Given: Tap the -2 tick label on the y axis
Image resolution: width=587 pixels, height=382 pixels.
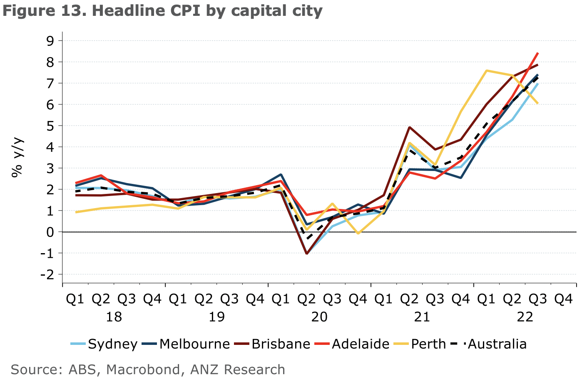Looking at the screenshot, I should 48,274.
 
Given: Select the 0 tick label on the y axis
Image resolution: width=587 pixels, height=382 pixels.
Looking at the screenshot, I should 51,232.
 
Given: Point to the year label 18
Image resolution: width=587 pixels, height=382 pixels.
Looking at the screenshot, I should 114,317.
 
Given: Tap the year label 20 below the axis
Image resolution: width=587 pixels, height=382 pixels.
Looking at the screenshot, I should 319,317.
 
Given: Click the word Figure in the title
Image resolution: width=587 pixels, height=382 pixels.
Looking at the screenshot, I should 27,10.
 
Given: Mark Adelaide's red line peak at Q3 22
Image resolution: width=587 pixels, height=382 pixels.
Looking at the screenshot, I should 538,53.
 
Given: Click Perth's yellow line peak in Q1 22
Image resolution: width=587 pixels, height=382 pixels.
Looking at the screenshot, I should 486,70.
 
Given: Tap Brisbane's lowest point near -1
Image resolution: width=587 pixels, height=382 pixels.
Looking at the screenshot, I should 307,253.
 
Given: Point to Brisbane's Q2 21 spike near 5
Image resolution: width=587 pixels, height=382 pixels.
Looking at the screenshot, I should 410,127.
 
